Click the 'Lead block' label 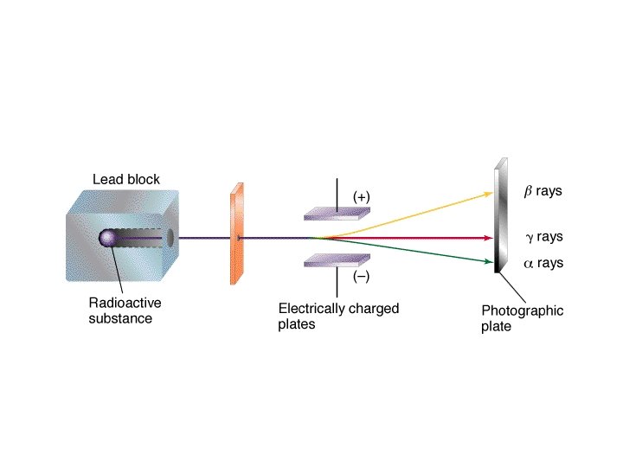point(126,180)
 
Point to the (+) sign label point(362,198)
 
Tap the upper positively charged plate point(337,213)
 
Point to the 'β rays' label point(543,191)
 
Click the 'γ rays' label point(543,237)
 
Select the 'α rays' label point(543,263)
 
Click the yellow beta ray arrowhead point(487,193)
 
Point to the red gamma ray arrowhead point(488,238)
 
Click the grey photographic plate point(499,216)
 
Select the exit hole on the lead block point(170,238)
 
